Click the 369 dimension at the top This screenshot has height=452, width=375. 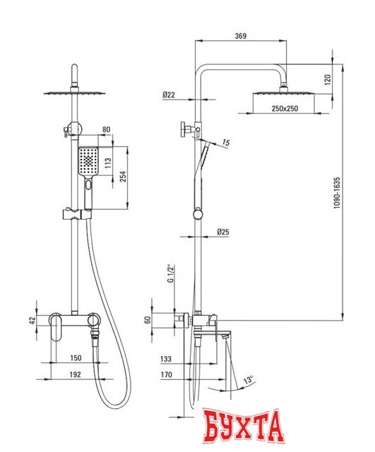(241, 36)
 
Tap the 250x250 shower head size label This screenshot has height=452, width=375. (285, 109)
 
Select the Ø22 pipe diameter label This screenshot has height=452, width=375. (169, 95)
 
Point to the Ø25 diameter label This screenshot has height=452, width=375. (222, 232)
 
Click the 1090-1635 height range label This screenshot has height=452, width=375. (337, 193)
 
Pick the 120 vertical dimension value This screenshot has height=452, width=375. (328, 80)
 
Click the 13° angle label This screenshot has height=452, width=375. (248, 379)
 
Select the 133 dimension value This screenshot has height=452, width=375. (166, 359)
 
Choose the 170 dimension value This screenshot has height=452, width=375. (167, 374)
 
